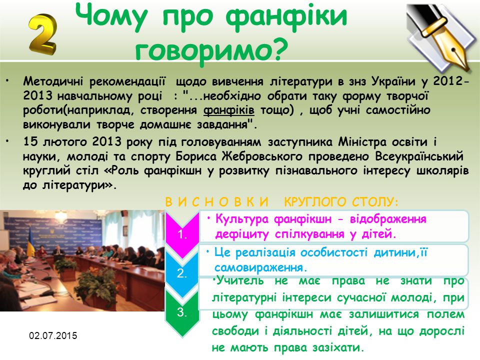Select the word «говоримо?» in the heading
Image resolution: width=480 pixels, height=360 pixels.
pos(211,49)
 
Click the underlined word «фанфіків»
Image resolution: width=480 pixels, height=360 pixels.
pos(228,110)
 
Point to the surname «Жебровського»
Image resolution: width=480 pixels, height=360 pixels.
pos(261,156)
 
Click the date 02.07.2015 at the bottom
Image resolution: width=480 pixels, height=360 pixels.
pos(53,335)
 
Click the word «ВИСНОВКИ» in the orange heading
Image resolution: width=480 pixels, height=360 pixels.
pos(216,202)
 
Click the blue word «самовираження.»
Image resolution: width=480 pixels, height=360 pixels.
pos(261,268)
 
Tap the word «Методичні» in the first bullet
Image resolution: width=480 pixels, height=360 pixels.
pos(53,81)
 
